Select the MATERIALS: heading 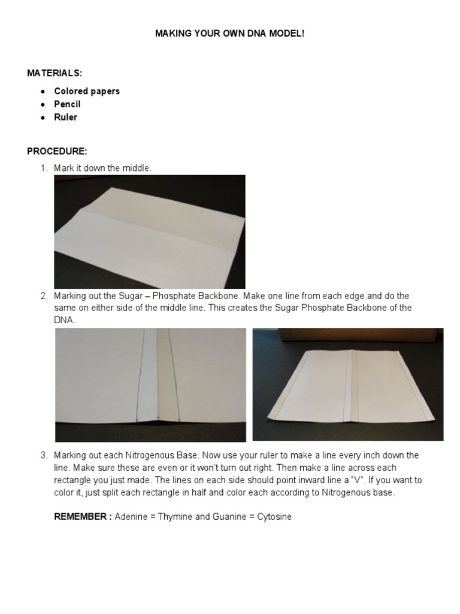pos(55,73)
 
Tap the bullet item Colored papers pos(87,91)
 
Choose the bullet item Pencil pos(67,104)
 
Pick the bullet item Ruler pos(65,118)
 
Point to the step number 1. pos(44,168)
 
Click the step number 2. pos(44,296)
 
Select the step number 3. pos(44,455)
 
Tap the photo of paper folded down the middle pos(150,231)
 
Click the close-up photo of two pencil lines pos(150,384)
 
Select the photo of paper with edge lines pos(348,384)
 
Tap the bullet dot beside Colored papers pos(43,92)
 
